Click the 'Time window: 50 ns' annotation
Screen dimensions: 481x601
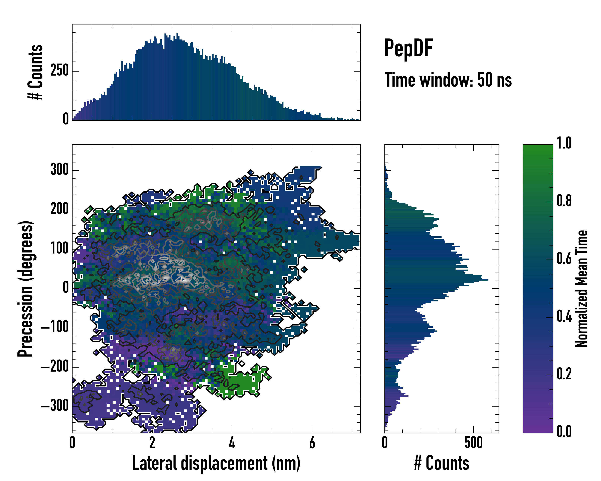click(x=448, y=80)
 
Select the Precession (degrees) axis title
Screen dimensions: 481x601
click(x=26, y=289)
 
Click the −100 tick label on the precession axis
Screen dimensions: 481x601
click(x=55, y=327)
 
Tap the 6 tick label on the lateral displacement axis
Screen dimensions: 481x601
click(x=312, y=443)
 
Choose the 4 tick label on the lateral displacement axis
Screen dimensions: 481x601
click(x=232, y=443)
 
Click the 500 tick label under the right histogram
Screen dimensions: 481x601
click(x=473, y=443)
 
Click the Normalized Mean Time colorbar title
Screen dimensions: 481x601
click(x=582, y=289)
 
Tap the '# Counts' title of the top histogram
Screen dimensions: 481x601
click(x=36, y=72)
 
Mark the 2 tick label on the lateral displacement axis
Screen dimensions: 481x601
click(x=152, y=443)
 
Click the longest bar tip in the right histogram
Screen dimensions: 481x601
click(x=488, y=280)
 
